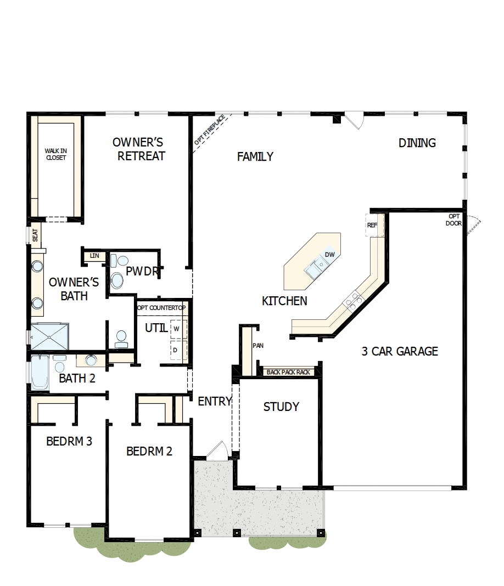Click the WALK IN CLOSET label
tap(55, 154)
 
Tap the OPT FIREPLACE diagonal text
tap(210, 130)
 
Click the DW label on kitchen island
tap(329, 255)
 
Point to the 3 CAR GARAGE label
tap(400, 352)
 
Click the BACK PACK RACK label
tap(288, 372)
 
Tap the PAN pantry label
tap(258, 346)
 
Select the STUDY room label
tap(281, 407)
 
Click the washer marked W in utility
tap(177, 328)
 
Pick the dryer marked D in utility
tap(176, 349)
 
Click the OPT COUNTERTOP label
tap(161, 308)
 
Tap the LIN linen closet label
tap(94, 256)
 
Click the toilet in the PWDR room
tap(116, 279)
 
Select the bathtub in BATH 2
tap(40, 373)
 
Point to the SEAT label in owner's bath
tap(35, 235)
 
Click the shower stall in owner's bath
tap(49, 336)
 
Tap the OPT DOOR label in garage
tap(455, 219)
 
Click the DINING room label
tap(417, 143)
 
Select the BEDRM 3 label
tap(69, 441)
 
